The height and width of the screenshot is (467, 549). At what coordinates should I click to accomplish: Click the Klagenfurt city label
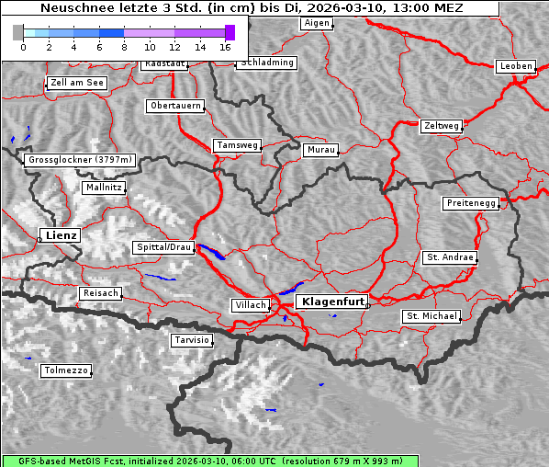tap(333, 301)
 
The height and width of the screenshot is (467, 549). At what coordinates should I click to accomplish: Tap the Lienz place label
tap(61, 235)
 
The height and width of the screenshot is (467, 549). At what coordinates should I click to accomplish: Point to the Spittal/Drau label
tap(164, 247)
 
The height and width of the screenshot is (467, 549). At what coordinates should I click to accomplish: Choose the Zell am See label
tap(77, 83)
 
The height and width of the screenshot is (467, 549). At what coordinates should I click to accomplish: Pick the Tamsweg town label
tap(238, 145)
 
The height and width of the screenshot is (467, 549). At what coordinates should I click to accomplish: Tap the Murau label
tap(321, 149)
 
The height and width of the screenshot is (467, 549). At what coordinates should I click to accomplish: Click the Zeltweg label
tap(441, 125)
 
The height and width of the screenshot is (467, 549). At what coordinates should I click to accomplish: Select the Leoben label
tap(516, 66)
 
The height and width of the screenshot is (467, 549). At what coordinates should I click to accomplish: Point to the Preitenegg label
tap(472, 203)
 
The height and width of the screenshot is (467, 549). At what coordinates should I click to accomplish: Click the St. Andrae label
tap(450, 257)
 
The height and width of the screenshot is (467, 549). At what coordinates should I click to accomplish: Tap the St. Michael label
tap(431, 316)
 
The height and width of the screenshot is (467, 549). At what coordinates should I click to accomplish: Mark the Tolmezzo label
tap(66, 370)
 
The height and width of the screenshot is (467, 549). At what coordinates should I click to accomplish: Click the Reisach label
tap(101, 293)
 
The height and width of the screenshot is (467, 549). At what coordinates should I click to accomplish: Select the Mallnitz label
tap(104, 188)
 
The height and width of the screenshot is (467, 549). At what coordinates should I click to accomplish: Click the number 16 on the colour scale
tap(225, 46)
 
